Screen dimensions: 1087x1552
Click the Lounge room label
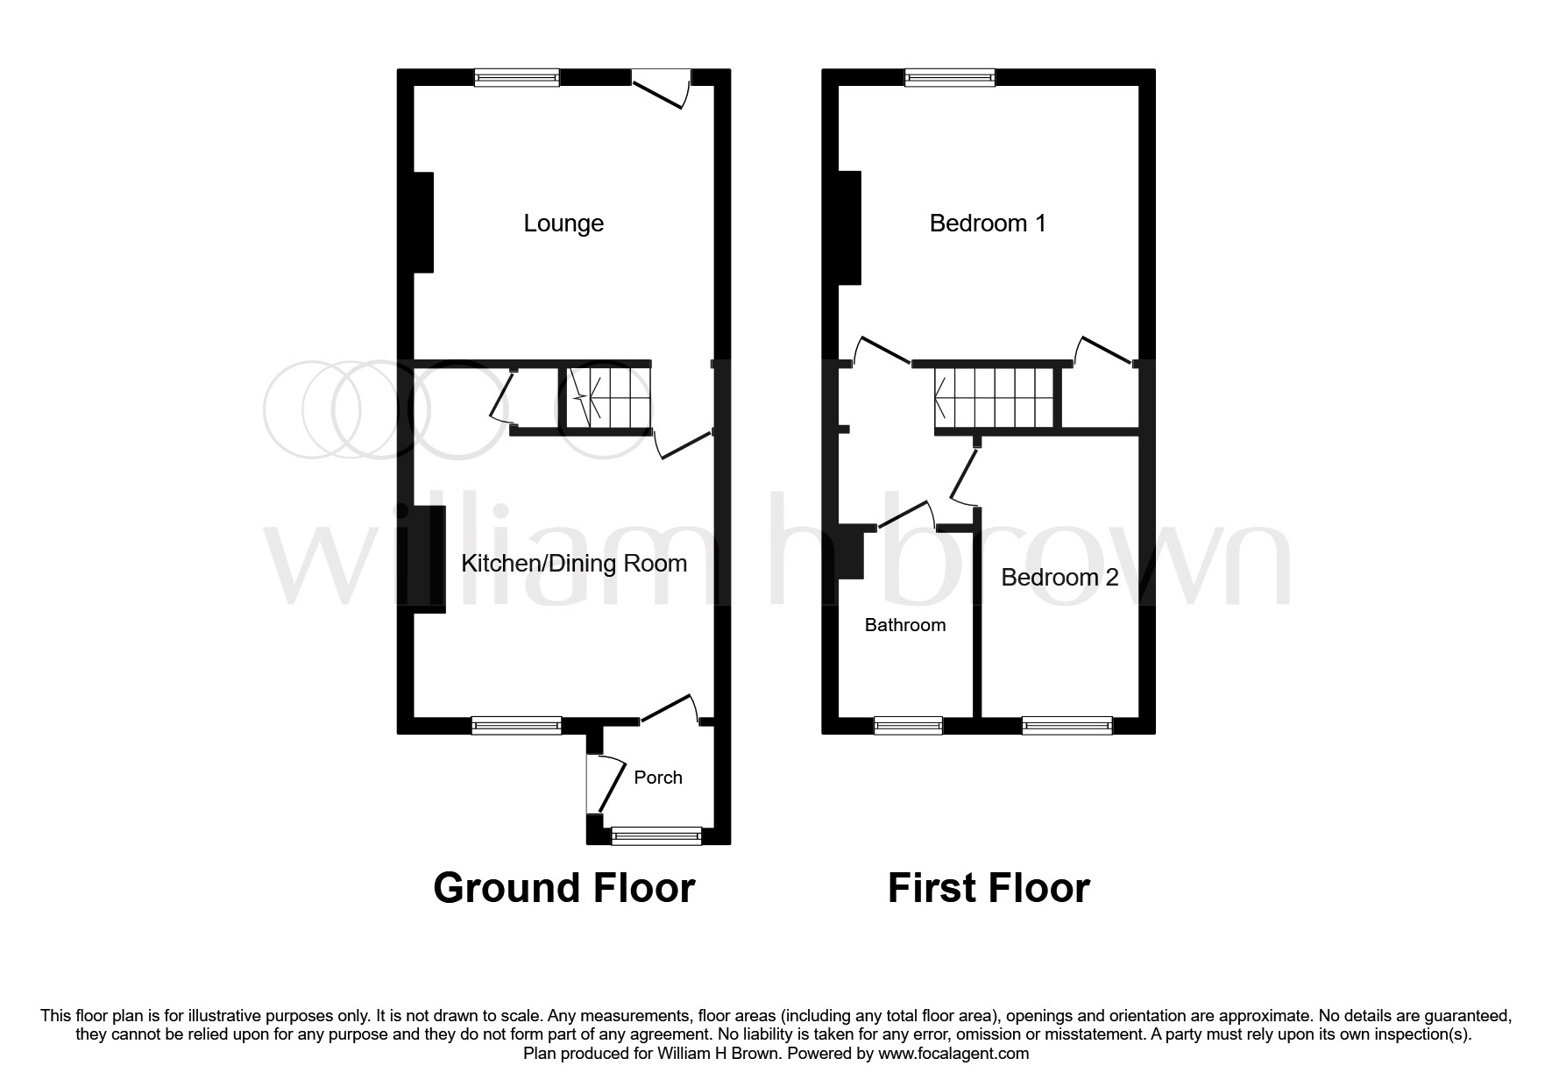563,223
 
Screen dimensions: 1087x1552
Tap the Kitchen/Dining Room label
574,563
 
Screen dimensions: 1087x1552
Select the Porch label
657,778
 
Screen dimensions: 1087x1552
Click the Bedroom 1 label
987,223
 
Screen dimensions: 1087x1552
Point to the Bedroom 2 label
1059,577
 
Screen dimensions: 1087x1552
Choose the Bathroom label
904,625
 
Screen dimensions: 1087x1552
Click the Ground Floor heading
563,887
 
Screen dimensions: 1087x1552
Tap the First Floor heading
988,887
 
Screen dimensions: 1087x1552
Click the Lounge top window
517,78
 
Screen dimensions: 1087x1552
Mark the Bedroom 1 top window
950,78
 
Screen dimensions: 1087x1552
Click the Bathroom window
908,725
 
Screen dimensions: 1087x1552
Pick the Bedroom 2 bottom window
1067,725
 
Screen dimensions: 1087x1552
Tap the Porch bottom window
656,836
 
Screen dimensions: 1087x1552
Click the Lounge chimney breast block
422,223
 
